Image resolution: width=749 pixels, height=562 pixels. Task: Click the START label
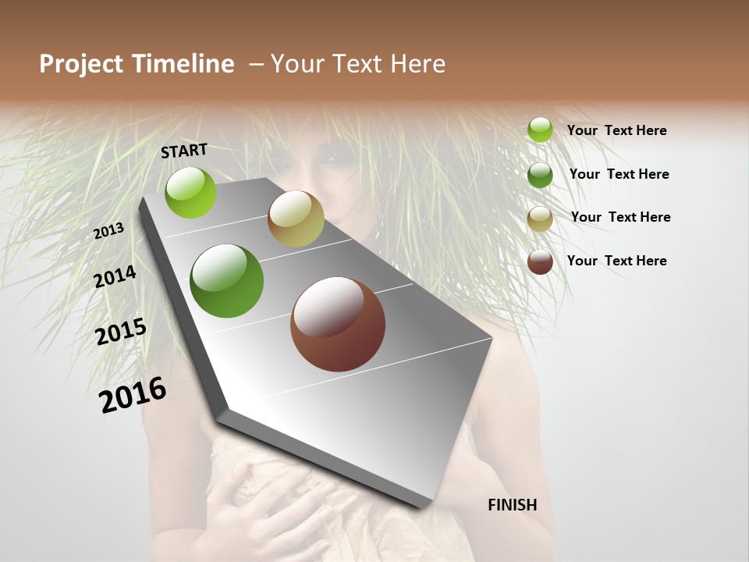pos(184,151)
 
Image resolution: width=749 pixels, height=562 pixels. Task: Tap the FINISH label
pos(513,505)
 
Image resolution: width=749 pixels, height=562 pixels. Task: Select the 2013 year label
pos(109,231)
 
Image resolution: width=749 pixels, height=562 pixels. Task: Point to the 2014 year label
pos(115,277)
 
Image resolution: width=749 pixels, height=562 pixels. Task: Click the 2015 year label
pos(121,332)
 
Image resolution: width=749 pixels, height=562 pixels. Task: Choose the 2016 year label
pos(133,395)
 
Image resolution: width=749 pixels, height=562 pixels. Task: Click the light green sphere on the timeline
pos(191,192)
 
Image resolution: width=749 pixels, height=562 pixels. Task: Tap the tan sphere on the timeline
pos(296,219)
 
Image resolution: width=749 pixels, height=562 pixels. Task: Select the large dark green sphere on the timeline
pos(227,281)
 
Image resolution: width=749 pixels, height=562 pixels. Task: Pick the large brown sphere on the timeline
pos(338,324)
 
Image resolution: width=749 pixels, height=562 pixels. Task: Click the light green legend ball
pos(540,130)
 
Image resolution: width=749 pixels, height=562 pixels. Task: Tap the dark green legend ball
pos(540,175)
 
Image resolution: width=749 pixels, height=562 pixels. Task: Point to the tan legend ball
pos(540,219)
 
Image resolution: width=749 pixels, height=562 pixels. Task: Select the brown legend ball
pos(540,261)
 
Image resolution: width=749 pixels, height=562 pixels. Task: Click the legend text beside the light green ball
pos(617,130)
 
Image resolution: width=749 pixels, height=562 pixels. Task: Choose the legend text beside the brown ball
pos(617,261)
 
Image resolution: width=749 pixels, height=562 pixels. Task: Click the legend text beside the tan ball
pos(620,217)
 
